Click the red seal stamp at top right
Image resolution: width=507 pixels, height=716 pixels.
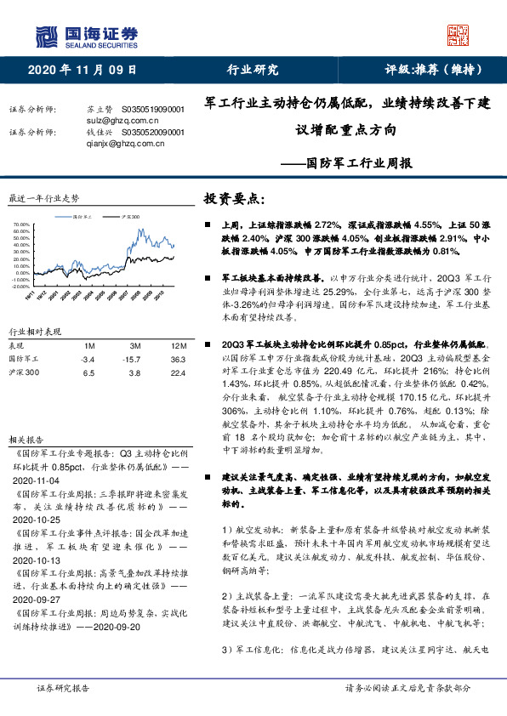pos(459,35)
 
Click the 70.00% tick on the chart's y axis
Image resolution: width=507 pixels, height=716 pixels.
pos(21,225)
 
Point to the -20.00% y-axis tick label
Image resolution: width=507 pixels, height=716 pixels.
pos(20,287)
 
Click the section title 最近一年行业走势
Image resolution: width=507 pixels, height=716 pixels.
pos(43,198)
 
